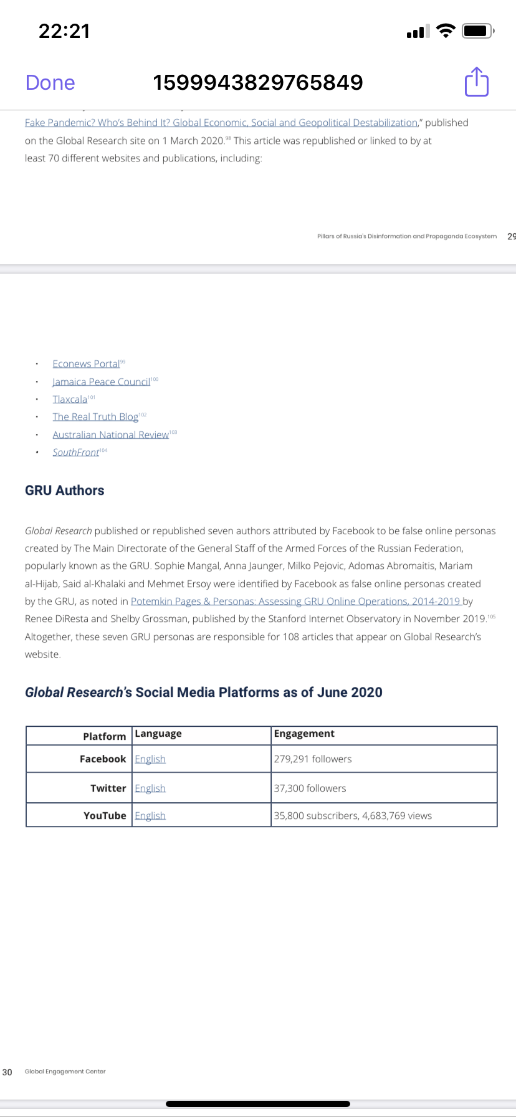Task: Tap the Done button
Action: click(x=50, y=82)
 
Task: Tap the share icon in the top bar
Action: click(x=477, y=82)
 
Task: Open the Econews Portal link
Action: click(x=86, y=364)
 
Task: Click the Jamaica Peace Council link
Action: click(x=101, y=381)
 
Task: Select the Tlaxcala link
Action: click(x=70, y=400)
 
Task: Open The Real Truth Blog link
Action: click(x=95, y=417)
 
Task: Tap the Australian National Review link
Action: click(x=110, y=434)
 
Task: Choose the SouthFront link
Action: click(x=75, y=452)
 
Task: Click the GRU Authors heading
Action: click(x=65, y=491)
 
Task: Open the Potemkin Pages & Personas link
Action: click(x=296, y=602)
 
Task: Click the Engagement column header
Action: click(x=304, y=734)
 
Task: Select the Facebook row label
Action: click(x=103, y=759)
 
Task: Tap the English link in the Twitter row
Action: click(x=150, y=788)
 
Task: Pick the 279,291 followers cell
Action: click(x=313, y=759)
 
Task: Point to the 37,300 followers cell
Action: click(x=310, y=788)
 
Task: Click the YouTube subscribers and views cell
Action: click(x=353, y=815)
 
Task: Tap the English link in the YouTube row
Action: click(x=150, y=815)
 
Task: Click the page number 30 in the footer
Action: click(x=7, y=1071)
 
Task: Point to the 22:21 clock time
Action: click(x=64, y=31)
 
